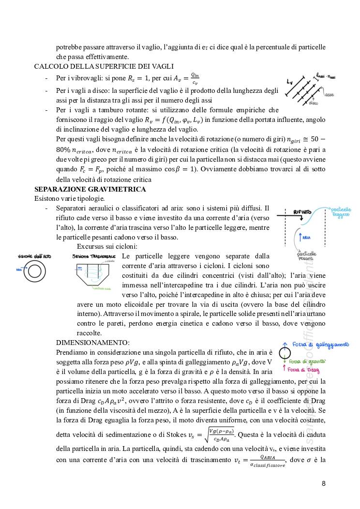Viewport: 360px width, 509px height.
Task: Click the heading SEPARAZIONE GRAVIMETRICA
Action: (x=90, y=189)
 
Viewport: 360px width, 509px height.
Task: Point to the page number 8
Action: (x=324, y=483)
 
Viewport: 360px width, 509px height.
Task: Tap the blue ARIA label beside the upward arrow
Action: (x=306, y=238)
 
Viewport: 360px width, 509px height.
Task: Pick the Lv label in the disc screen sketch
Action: (x=289, y=81)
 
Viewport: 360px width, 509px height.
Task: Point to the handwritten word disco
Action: (x=314, y=104)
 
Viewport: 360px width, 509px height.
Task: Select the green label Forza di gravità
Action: (x=307, y=361)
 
